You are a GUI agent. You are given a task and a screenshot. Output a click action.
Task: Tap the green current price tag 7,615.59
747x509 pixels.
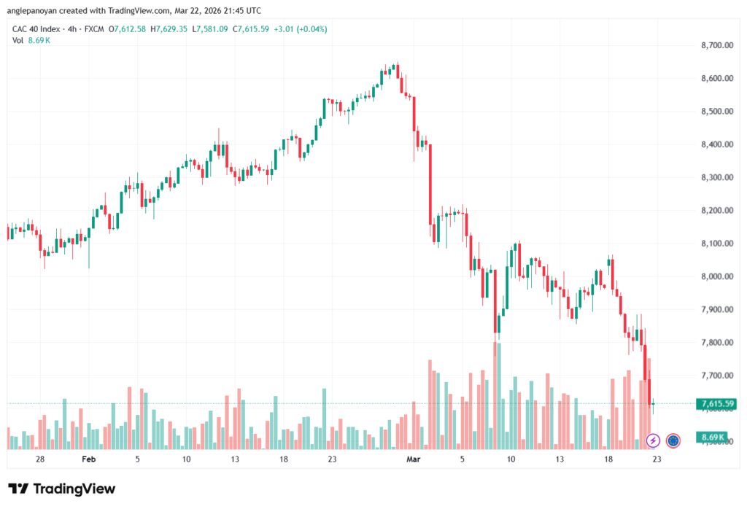point(716,403)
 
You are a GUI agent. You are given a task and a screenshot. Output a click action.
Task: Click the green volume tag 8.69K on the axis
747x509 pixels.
point(712,437)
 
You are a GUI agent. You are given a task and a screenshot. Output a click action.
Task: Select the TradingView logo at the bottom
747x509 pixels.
point(61,489)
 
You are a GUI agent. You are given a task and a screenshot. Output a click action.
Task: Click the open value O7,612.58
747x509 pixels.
point(127,29)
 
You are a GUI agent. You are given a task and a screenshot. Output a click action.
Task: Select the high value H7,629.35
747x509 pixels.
point(169,29)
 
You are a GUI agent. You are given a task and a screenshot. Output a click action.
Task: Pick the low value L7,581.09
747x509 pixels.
point(211,29)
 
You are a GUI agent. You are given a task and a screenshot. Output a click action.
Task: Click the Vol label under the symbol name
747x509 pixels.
point(18,40)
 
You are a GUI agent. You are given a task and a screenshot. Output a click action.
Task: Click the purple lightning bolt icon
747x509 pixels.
point(653,440)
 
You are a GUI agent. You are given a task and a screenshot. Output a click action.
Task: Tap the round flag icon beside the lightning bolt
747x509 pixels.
point(673,440)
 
